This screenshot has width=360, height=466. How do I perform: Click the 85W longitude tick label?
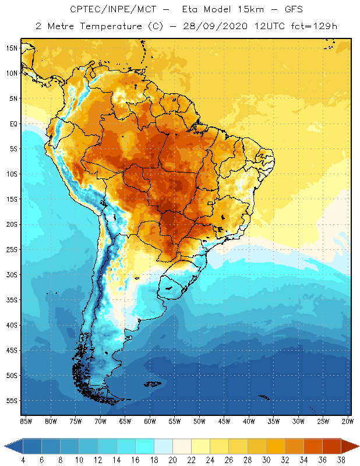pyautogui.click(x=26, y=421)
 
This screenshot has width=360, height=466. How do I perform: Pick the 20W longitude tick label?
pyautogui.click(x=347, y=421)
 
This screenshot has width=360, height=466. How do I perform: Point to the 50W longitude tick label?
pyautogui.click(x=199, y=421)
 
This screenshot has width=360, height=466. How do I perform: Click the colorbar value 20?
pyautogui.click(x=172, y=460)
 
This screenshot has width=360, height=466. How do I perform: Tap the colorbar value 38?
pyautogui.click(x=340, y=460)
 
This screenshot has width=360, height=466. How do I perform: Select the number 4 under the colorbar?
pyautogui.click(x=23, y=460)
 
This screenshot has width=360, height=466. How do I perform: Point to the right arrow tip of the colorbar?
pyautogui.click(x=357, y=446)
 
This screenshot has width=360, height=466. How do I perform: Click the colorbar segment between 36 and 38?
pyautogui.click(x=331, y=446)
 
